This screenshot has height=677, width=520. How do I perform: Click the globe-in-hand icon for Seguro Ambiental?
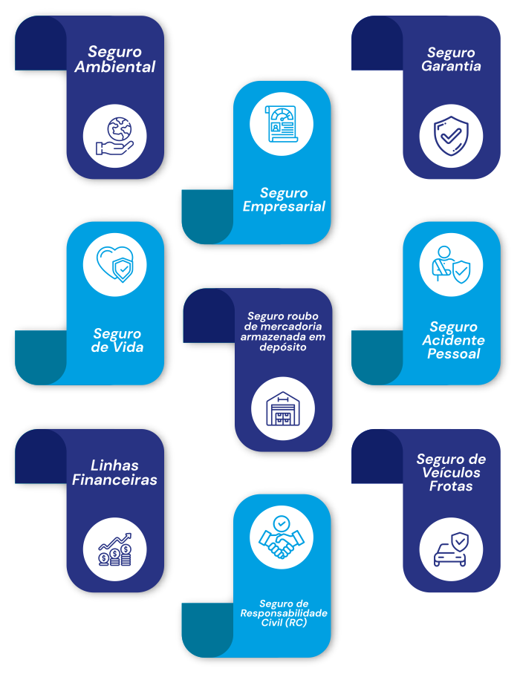coord(115,137)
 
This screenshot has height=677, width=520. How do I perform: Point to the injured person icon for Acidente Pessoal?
coord(451,264)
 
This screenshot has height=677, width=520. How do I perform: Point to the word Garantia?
coord(451,66)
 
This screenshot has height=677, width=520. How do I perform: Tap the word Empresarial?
coord(285,206)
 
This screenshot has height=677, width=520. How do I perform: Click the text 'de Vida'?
coord(118,347)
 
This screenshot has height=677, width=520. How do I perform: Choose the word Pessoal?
coord(453,354)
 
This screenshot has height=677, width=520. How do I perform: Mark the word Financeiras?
coord(115,480)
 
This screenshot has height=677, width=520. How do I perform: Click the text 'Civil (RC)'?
coord(283,623)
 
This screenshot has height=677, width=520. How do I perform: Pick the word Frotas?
coord(451,486)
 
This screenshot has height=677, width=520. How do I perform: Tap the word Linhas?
coord(115,465)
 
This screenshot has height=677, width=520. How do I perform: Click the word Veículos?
coord(451,473)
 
